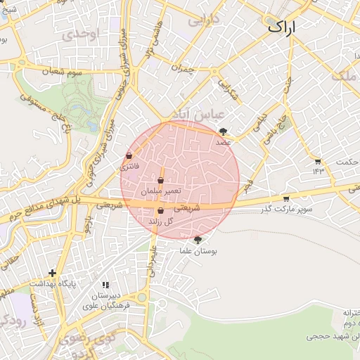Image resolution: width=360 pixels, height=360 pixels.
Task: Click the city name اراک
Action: (x=282, y=27)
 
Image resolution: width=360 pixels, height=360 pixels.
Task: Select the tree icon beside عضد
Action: (x=224, y=131)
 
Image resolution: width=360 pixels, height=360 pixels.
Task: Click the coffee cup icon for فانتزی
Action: (x=129, y=155)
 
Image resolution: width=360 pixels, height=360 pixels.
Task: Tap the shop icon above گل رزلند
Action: (x=160, y=210)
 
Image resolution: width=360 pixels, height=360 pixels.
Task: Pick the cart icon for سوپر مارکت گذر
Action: (x=285, y=198)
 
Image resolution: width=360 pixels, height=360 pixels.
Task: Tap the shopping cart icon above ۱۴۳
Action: (x=318, y=161)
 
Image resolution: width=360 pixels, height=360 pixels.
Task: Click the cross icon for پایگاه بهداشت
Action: (x=52, y=273)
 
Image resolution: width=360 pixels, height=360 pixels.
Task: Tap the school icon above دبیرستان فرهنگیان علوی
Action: (x=105, y=285)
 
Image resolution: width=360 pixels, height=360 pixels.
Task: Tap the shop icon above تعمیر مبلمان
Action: (x=161, y=181)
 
